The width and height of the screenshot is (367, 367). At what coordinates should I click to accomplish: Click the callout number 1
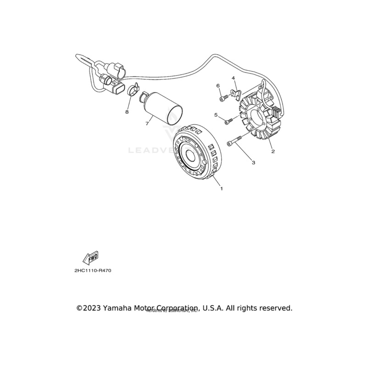point(222,189)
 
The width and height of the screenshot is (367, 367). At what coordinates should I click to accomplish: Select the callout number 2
point(272,151)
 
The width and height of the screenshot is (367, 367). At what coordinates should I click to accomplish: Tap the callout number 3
point(252,162)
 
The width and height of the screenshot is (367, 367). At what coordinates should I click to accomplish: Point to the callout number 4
point(233,78)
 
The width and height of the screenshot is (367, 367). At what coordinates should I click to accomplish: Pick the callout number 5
point(216,115)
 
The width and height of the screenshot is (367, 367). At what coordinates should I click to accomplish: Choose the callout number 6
point(218,86)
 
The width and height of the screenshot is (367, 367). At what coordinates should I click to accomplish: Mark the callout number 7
point(147,123)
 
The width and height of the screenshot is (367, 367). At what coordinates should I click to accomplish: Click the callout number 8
point(128,111)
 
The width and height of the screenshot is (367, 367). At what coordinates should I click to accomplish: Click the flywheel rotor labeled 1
point(195,154)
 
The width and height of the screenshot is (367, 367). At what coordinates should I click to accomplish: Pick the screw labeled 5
point(228,120)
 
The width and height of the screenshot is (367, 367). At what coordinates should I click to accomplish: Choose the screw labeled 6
point(222,97)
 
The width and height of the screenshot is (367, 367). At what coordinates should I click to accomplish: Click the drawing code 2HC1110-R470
point(93,270)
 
